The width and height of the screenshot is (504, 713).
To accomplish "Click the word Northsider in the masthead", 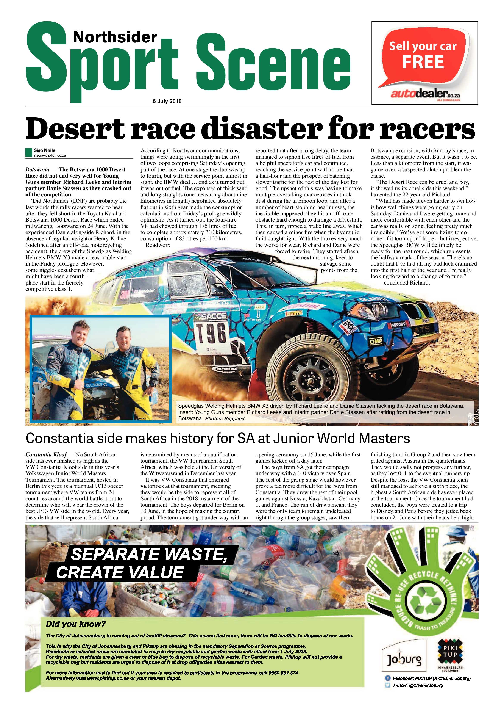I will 115,38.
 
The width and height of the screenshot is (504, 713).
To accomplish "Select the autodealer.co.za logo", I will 425,93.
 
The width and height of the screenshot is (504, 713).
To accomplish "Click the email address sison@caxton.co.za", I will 50,155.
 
